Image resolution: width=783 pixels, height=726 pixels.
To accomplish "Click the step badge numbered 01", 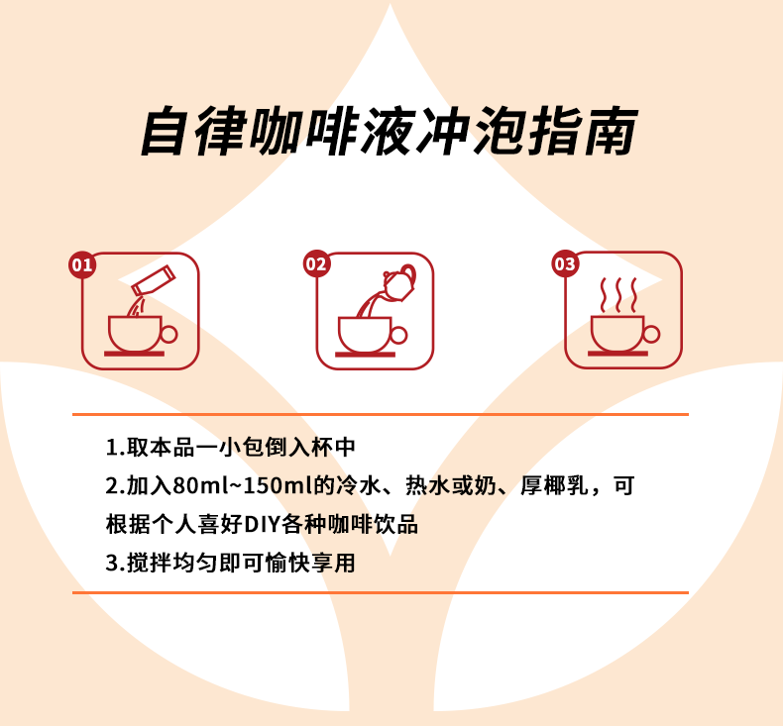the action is click(82, 265).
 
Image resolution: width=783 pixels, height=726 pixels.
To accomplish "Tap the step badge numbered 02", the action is click(316, 263).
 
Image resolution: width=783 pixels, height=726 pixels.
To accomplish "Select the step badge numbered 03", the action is click(565, 263).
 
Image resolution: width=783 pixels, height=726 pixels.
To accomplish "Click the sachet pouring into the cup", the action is click(154, 280).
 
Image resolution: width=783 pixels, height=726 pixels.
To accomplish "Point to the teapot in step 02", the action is click(399, 283).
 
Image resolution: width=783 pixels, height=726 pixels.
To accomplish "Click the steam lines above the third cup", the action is click(618, 295).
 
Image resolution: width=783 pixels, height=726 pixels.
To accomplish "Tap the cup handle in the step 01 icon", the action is click(169, 335).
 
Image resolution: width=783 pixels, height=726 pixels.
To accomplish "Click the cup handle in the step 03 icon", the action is click(651, 334).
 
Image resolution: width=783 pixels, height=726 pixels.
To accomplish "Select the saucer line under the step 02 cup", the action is click(365, 355).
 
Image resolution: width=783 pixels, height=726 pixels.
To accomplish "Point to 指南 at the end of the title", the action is click(583, 131).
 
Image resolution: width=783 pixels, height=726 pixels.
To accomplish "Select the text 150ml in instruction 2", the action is click(278, 485).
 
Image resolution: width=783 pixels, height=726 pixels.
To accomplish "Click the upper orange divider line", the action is click(381, 414).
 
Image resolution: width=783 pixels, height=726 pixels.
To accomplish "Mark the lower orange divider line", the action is click(381, 592).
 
